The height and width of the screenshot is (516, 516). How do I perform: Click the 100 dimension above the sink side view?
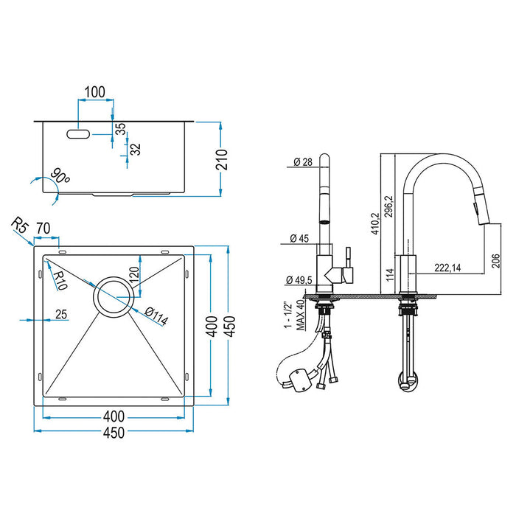[x=94, y=93]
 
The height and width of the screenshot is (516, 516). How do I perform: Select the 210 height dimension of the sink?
[x=230, y=158]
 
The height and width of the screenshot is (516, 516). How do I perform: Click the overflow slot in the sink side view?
[x=77, y=135]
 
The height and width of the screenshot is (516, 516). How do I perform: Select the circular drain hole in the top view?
[x=113, y=298]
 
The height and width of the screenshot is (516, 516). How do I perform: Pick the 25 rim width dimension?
[x=60, y=315]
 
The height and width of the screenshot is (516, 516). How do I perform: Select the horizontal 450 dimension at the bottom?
[x=113, y=435]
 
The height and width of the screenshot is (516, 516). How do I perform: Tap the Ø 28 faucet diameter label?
[x=303, y=163]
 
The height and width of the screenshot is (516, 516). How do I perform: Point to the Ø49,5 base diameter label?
[x=299, y=280]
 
